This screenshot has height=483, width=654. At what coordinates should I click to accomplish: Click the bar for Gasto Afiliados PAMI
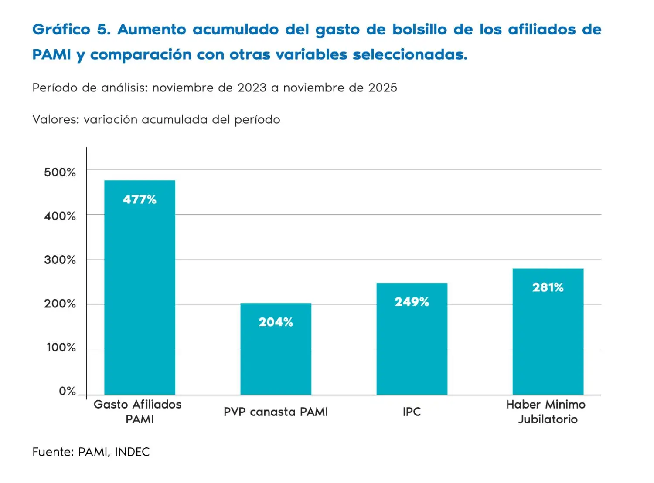(x=140, y=287)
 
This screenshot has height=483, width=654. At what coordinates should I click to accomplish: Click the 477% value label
(x=140, y=199)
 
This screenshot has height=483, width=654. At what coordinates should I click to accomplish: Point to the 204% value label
(x=276, y=322)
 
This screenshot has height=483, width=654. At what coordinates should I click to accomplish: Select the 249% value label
(x=412, y=302)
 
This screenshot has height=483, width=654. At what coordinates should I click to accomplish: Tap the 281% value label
(x=548, y=287)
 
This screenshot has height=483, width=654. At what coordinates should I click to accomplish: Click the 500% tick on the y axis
(x=60, y=172)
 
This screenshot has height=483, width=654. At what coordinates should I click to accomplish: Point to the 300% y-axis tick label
(x=60, y=260)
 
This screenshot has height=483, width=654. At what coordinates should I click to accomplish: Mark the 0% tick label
(x=67, y=391)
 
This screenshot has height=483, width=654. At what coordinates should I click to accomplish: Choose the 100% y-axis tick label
(x=61, y=348)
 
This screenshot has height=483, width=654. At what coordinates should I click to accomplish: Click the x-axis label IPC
(x=412, y=412)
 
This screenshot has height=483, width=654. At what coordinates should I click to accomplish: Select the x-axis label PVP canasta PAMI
(x=276, y=412)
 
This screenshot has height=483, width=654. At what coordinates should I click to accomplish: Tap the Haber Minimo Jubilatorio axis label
(x=546, y=412)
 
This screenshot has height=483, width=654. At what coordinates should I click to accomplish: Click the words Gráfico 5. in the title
(x=72, y=30)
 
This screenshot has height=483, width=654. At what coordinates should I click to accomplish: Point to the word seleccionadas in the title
(x=410, y=55)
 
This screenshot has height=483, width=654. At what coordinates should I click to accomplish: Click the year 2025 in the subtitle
(x=383, y=88)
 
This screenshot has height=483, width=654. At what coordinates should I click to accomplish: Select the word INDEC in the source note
(x=132, y=452)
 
